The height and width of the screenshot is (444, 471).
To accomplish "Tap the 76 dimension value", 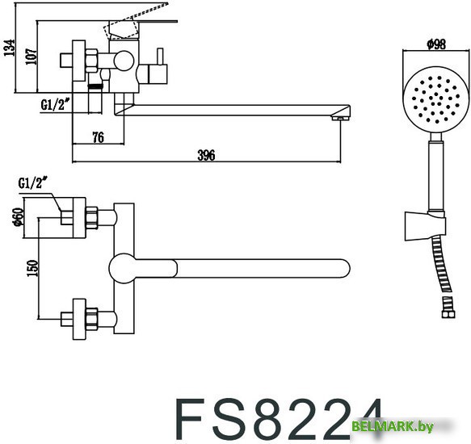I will [x=97, y=137].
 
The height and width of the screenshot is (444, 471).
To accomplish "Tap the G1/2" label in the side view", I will [x=57, y=104].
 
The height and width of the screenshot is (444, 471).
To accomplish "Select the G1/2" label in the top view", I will [x=35, y=184].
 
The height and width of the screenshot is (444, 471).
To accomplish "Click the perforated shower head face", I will [x=435, y=102].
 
